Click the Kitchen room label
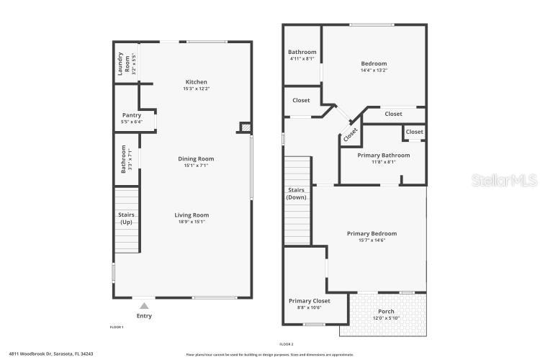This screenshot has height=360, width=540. (x=197, y=82)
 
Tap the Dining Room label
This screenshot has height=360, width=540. (x=197, y=159)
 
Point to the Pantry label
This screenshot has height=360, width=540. (x=132, y=115)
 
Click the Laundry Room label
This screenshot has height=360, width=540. (x=128, y=63)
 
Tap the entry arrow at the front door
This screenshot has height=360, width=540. (x=144, y=306)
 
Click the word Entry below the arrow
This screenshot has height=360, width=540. (x=144, y=315)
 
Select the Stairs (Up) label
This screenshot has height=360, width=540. (x=127, y=218)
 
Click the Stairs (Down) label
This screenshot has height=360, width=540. (x=296, y=194)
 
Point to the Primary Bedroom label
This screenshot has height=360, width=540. (x=372, y=233)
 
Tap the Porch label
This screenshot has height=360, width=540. (x=386, y=312)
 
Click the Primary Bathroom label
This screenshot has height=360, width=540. (x=384, y=156)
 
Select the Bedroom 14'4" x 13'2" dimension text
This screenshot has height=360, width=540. (x=374, y=71)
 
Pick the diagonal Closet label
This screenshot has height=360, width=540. (x=351, y=133)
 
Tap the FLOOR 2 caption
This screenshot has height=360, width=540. (x=287, y=343)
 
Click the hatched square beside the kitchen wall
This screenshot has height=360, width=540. (x=245, y=128)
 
